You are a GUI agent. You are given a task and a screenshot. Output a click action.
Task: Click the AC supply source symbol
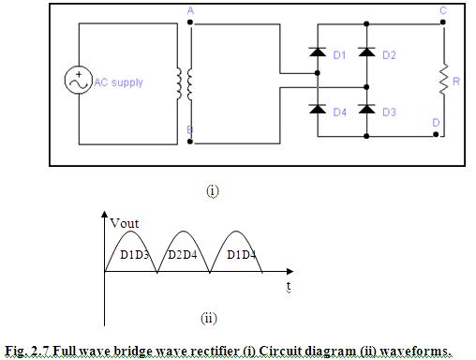point(78,82)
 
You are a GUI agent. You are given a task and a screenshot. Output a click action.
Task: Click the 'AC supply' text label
point(119,82)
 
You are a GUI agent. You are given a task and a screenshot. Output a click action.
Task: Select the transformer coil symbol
point(184,82)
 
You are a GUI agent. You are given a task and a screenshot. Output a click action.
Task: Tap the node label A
point(190,10)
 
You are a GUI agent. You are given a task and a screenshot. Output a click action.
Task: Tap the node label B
point(190,128)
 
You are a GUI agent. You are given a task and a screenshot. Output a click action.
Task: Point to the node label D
point(436,123)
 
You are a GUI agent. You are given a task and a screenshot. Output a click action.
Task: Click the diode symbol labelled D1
point(318,55)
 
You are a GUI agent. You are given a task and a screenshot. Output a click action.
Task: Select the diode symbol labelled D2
point(366,55)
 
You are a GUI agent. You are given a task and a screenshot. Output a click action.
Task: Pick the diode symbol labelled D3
point(366,112)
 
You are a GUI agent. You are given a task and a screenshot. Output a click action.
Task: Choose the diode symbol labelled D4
point(318,112)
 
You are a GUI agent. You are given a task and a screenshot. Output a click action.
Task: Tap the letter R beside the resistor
point(456,82)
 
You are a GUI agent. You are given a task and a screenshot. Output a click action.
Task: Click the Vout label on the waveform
point(126,223)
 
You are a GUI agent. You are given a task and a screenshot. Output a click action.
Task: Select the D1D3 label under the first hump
point(136,255)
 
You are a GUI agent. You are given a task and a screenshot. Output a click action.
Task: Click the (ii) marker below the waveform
point(208,318)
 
